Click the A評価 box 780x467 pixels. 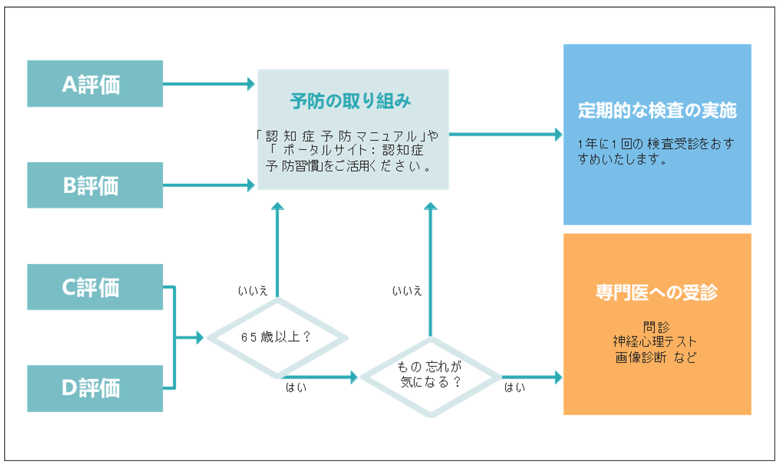tap(95, 84)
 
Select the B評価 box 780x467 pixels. tap(95, 186)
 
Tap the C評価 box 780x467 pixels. tap(95, 287)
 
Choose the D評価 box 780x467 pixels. tap(95, 388)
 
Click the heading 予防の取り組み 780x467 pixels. tap(351, 101)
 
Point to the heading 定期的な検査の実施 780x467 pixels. tap(657, 111)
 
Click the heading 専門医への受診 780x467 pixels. tap(657, 292)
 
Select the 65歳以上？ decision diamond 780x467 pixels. tap(276, 337)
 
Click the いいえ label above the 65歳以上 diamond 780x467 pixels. tap(253, 292)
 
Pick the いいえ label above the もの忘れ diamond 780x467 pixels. tap(407, 292)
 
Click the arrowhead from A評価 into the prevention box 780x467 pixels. tap(252, 84)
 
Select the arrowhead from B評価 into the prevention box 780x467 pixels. tap(252, 186)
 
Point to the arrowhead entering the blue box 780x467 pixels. tap(558, 135)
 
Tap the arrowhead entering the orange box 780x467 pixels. tap(558, 377)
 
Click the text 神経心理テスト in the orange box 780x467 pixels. tap(655, 342)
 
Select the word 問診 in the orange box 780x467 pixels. tap(657, 327)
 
